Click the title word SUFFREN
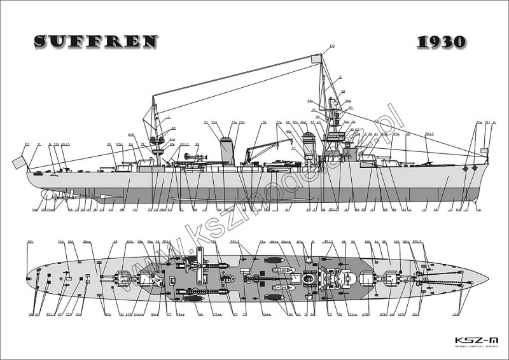[95, 41]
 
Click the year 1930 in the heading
[442, 42]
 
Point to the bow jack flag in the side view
[484, 151]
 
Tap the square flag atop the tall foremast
[316, 59]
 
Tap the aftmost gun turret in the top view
[120, 278]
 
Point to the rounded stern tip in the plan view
[25, 278]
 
